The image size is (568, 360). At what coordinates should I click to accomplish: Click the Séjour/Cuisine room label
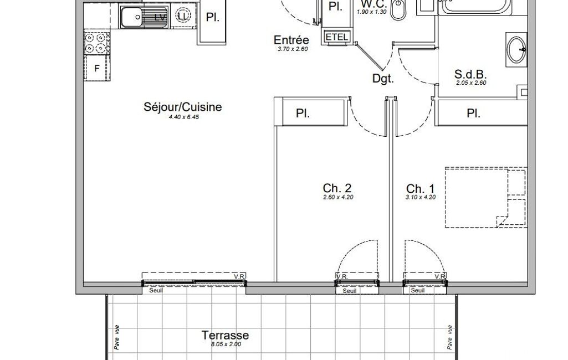coord(182,107)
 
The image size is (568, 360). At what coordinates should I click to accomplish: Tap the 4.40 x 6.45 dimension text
coord(184,117)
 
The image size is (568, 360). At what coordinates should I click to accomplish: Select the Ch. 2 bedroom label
coord(337,188)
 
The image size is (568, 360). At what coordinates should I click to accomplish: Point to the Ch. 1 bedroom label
coord(420,189)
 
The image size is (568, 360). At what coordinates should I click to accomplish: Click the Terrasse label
coord(225,335)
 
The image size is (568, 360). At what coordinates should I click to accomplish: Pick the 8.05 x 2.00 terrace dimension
coord(226,344)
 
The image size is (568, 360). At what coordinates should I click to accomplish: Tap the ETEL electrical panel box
coord(337,37)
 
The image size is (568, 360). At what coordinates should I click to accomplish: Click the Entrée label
coord(291,40)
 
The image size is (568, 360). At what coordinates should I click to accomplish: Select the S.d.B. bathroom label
coord(470,74)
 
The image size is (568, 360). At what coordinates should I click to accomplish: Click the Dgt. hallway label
coord(383,79)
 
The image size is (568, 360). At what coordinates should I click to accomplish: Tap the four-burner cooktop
coord(96,43)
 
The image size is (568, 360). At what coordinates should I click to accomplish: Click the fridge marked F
coord(97,68)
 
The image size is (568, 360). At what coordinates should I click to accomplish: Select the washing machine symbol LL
coord(183,16)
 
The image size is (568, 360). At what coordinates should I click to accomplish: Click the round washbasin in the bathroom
coord(517,50)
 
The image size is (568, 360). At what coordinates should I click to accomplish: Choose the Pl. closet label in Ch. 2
coord(303,114)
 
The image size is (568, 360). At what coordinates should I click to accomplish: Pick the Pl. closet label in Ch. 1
coord(473,114)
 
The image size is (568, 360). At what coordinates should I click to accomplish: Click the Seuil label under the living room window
coord(156,290)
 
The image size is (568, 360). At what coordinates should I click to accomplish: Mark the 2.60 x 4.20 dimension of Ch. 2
coord(338,197)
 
